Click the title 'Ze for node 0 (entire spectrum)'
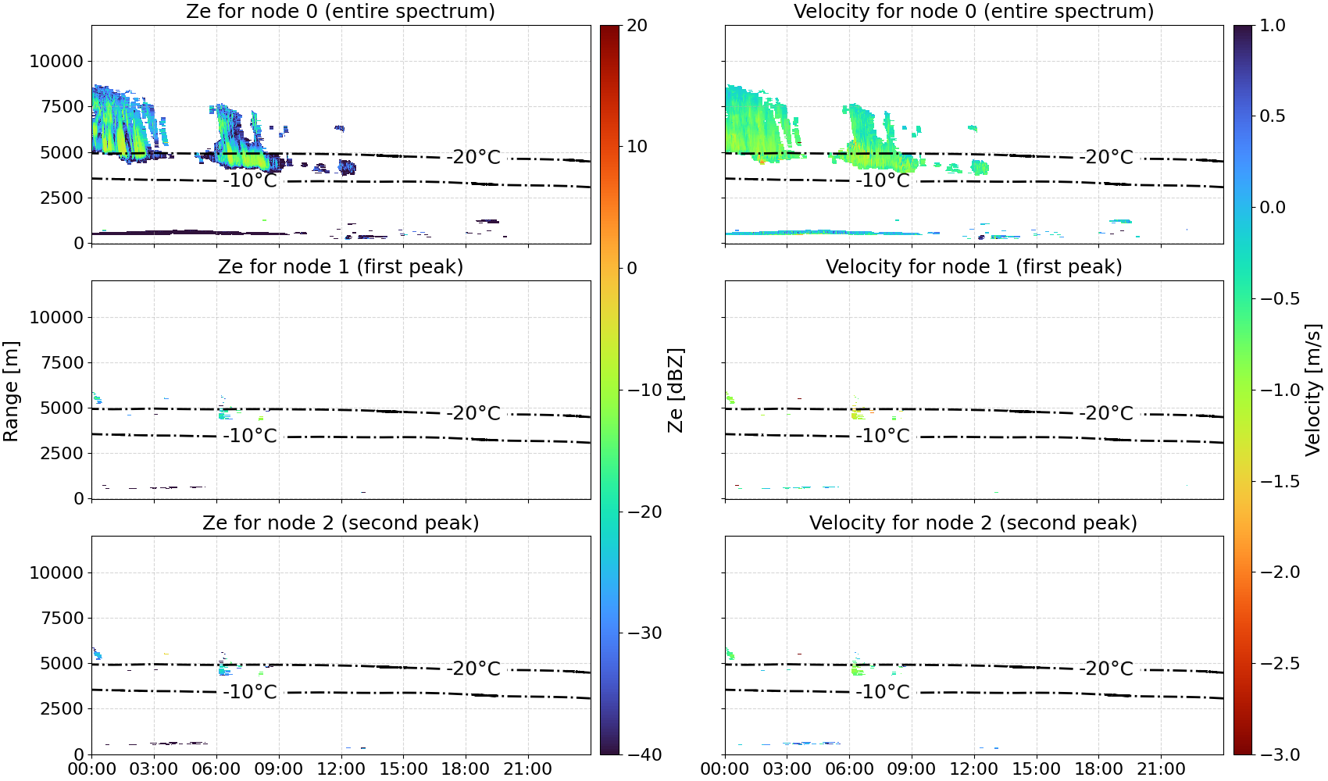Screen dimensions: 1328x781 341,11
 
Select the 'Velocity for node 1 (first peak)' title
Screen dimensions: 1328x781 973,266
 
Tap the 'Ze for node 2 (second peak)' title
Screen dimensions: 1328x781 341,522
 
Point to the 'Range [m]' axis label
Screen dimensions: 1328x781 11,391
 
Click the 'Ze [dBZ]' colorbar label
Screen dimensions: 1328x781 675,390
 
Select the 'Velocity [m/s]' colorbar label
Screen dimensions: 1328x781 1313,390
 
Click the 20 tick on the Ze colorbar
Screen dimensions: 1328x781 637,26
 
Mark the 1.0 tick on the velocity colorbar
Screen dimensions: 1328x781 1273,26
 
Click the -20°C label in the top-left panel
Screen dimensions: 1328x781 473,157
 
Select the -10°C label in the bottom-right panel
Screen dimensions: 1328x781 882,691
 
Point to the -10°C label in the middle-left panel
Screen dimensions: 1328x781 250,436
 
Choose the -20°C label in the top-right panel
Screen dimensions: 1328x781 1105,157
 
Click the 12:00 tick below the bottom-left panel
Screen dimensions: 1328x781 341,769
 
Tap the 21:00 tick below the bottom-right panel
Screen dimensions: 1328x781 1161,769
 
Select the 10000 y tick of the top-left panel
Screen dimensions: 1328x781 56,61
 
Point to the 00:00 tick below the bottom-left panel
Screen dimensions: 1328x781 92,769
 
